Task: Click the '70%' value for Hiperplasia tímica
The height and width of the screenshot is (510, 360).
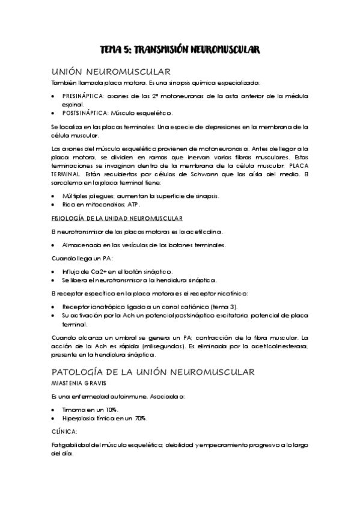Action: click(141, 418)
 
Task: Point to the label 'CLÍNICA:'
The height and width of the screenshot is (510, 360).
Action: click(65, 431)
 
